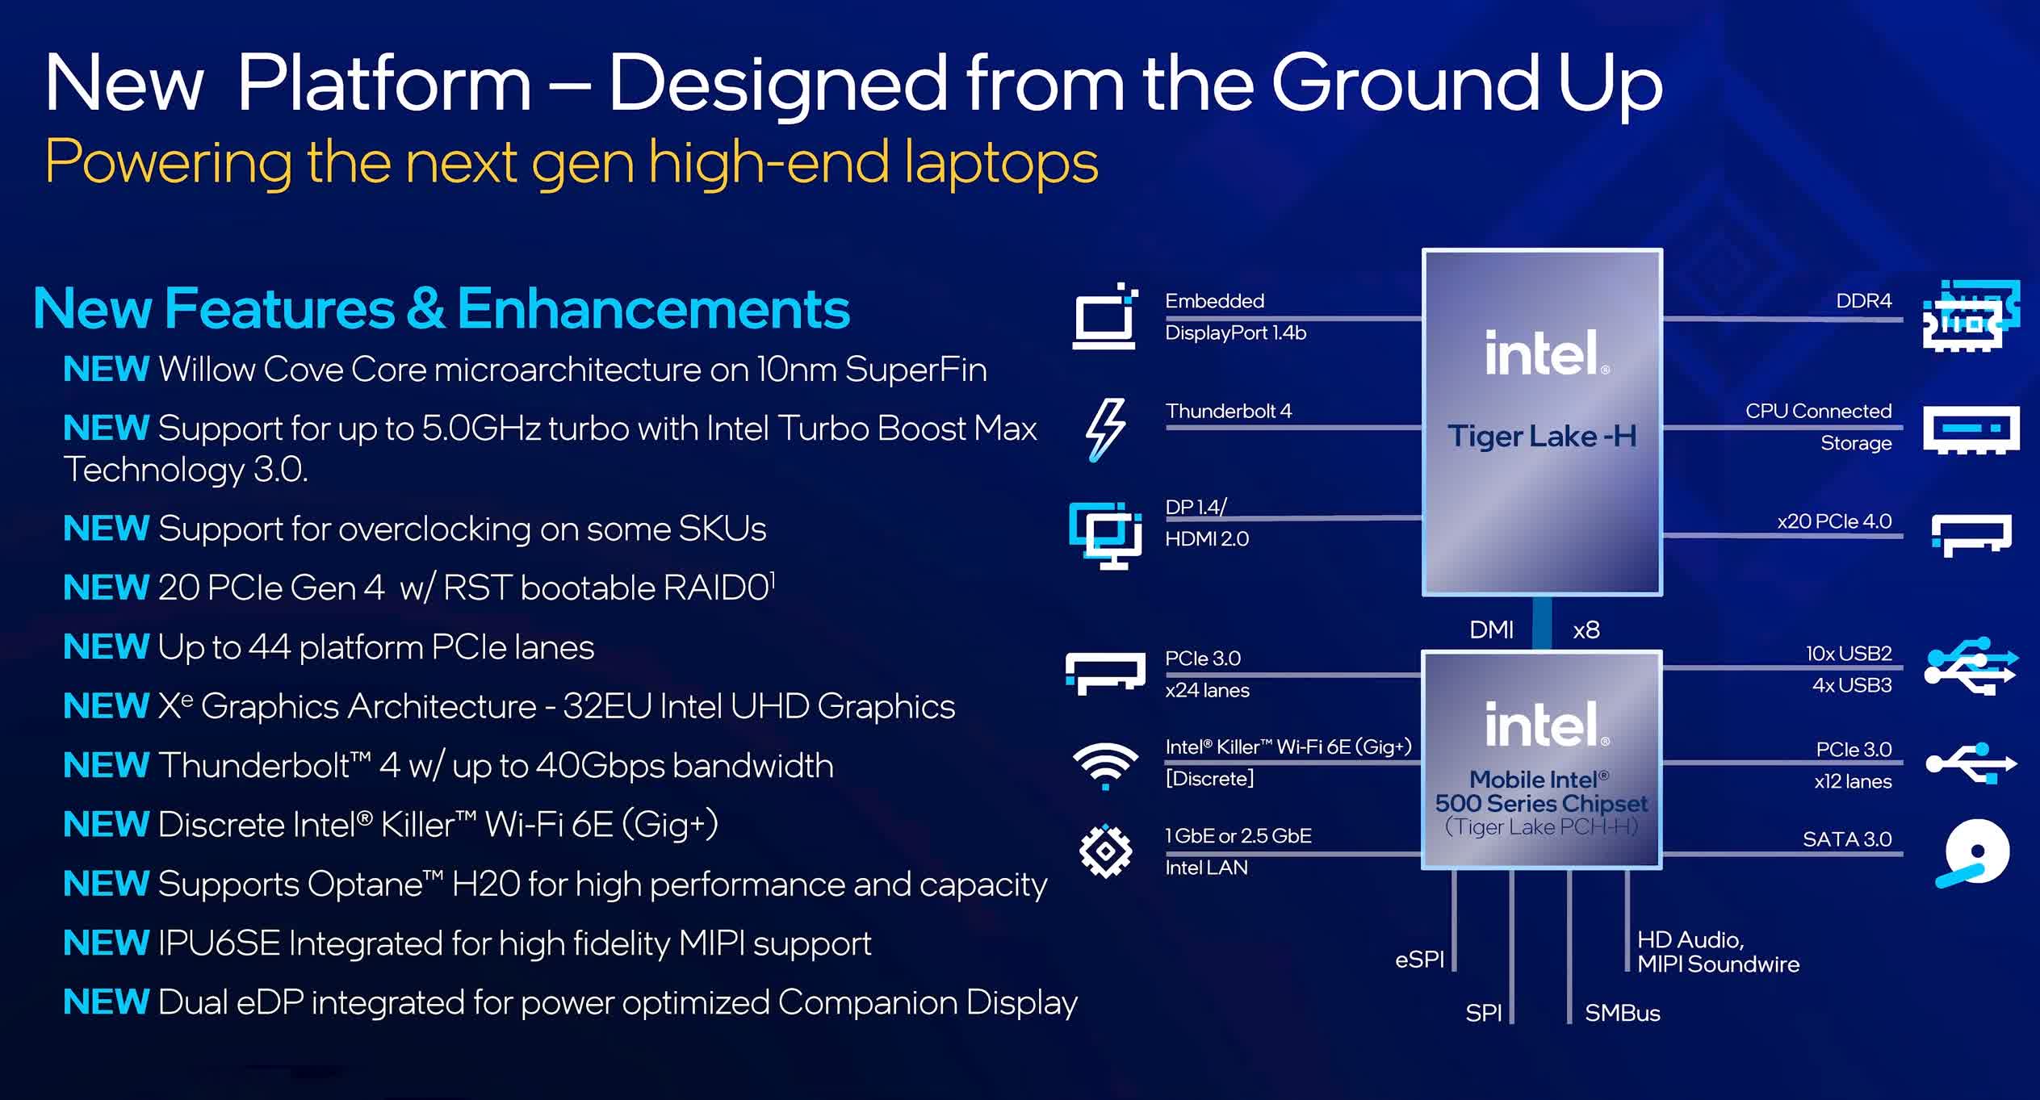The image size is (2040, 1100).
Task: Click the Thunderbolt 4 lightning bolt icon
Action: click(1105, 430)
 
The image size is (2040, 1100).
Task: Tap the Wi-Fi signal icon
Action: click(1105, 765)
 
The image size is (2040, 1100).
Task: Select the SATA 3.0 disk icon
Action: click(1973, 854)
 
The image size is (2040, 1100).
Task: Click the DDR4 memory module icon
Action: click(1971, 316)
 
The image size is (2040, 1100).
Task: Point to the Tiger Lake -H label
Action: click(1542, 437)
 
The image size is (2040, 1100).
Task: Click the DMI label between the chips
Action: click(1491, 629)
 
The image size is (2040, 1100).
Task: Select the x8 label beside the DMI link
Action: click(1586, 630)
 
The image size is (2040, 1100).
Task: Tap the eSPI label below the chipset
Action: click(1419, 960)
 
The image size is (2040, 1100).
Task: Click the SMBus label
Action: click(1622, 1013)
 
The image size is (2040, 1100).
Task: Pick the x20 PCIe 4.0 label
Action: click(1834, 521)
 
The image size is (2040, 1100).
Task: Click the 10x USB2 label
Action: click(1849, 653)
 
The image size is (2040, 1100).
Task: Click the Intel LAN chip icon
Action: click(1105, 851)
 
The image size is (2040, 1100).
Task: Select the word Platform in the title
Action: click(384, 82)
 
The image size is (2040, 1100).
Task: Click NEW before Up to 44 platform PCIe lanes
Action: click(107, 646)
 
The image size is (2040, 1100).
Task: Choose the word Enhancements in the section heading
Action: click(653, 308)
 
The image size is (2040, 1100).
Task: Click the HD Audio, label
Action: click(1690, 940)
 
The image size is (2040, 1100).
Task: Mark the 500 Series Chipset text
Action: click(1541, 804)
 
